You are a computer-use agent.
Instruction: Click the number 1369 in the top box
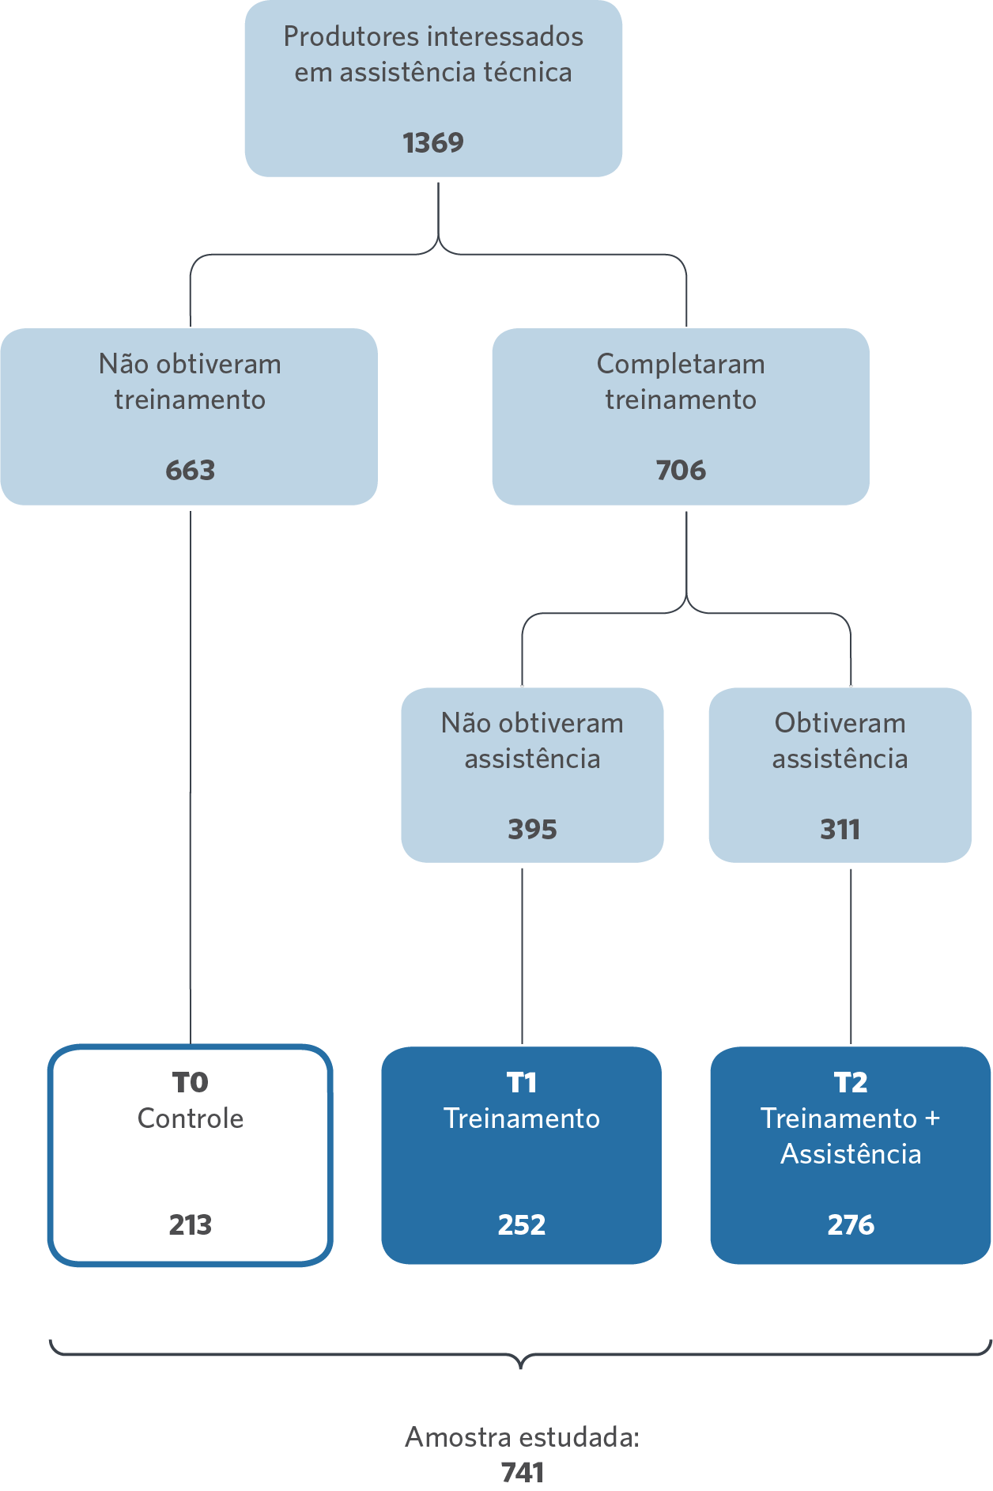click(433, 143)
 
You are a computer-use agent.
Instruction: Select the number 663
click(191, 471)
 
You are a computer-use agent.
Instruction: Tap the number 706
click(681, 471)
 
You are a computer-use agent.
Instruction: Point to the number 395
click(532, 830)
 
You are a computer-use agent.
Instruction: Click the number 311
click(840, 830)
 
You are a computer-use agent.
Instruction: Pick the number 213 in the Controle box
click(191, 1225)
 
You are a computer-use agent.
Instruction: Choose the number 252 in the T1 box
click(522, 1225)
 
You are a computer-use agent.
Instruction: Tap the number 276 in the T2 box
click(851, 1225)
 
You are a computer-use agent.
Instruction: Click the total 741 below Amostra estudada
click(523, 1473)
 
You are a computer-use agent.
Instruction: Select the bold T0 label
click(191, 1082)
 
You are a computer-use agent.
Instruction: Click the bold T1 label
click(522, 1082)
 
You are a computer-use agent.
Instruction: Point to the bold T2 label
click(851, 1082)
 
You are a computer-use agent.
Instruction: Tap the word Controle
click(191, 1118)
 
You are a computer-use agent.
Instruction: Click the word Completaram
click(681, 365)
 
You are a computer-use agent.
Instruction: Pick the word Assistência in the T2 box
click(851, 1154)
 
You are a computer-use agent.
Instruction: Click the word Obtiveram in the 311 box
click(840, 723)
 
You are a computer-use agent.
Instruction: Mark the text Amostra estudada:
click(523, 1437)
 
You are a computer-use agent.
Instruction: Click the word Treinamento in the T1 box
click(522, 1118)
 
